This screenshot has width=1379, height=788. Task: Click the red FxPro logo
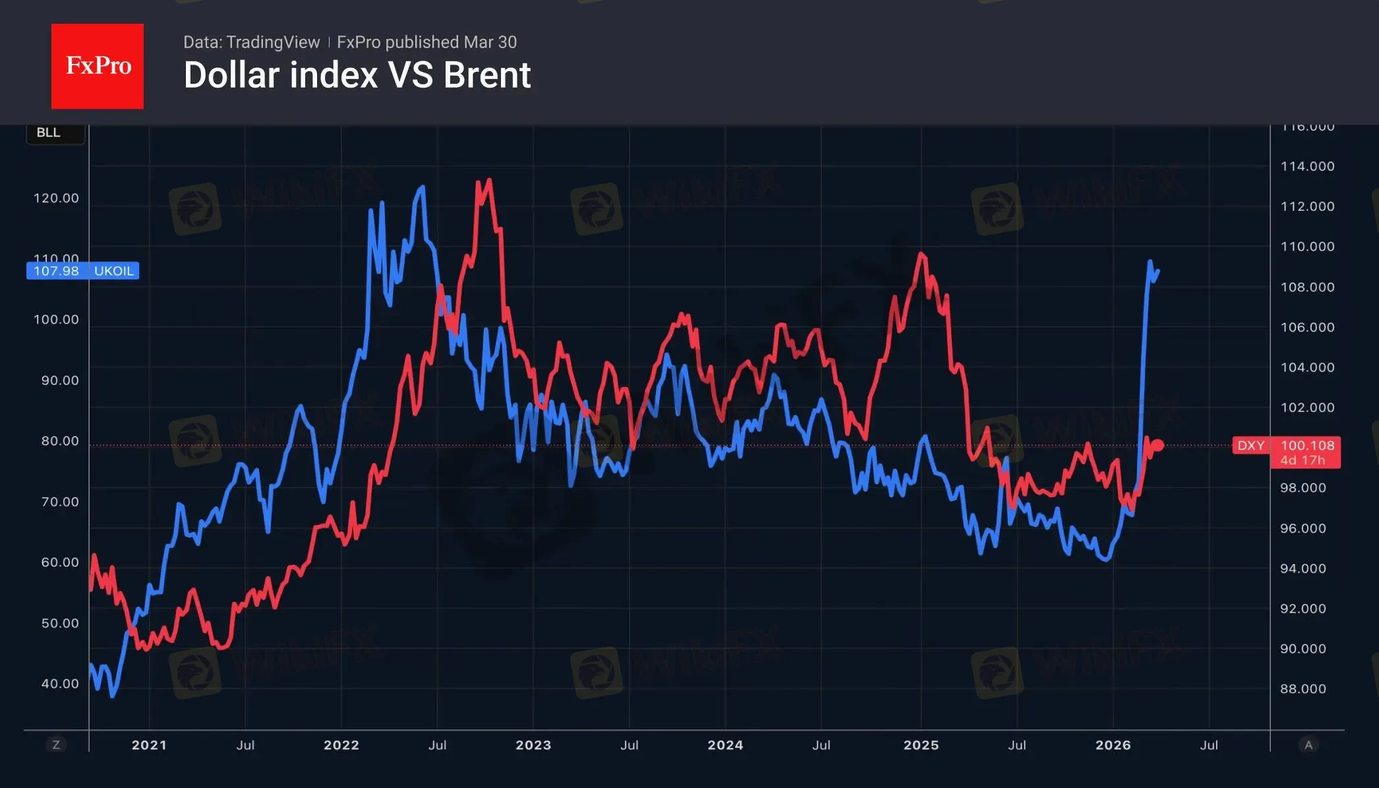[98, 66]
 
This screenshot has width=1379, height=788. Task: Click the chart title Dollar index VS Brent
[357, 75]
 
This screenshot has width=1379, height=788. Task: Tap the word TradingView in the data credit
[272, 42]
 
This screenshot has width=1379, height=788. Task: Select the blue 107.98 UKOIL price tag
[82, 271]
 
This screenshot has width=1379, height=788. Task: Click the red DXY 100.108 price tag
[1285, 446]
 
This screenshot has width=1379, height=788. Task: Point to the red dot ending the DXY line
[1158, 445]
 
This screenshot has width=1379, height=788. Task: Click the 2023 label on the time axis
[533, 745]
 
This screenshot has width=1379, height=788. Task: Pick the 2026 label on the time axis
[1113, 745]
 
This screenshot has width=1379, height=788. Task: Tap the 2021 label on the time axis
[149, 745]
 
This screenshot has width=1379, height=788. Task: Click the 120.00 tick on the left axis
[56, 198]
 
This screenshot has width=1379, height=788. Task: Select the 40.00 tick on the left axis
[60, 684]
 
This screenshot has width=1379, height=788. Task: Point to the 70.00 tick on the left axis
[60, 502]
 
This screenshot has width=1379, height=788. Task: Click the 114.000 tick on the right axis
[1307, 167]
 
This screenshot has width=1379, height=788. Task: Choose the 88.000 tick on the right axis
[1303, 689]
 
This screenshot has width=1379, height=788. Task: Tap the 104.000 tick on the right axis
[1307, 368]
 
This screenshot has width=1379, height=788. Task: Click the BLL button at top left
[49, 132]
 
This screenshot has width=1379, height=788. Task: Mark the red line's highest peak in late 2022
[488, 180]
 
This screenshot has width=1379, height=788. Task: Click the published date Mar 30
[490, 42]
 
